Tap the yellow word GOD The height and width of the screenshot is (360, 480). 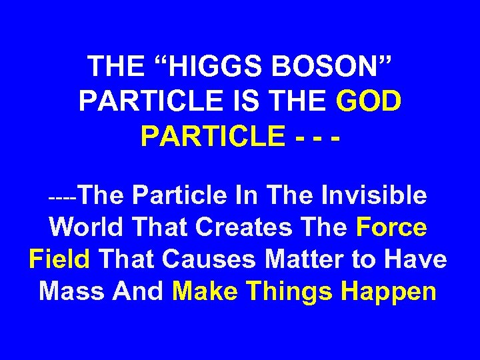click(369, 101)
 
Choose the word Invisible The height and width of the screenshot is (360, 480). click(374, 195)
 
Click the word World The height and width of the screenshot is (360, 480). click(85, 227)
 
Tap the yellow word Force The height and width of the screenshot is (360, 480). click(391, 227)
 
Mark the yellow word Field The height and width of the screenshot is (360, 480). click(59, 259)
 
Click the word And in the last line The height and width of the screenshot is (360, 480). click(138, 291)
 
